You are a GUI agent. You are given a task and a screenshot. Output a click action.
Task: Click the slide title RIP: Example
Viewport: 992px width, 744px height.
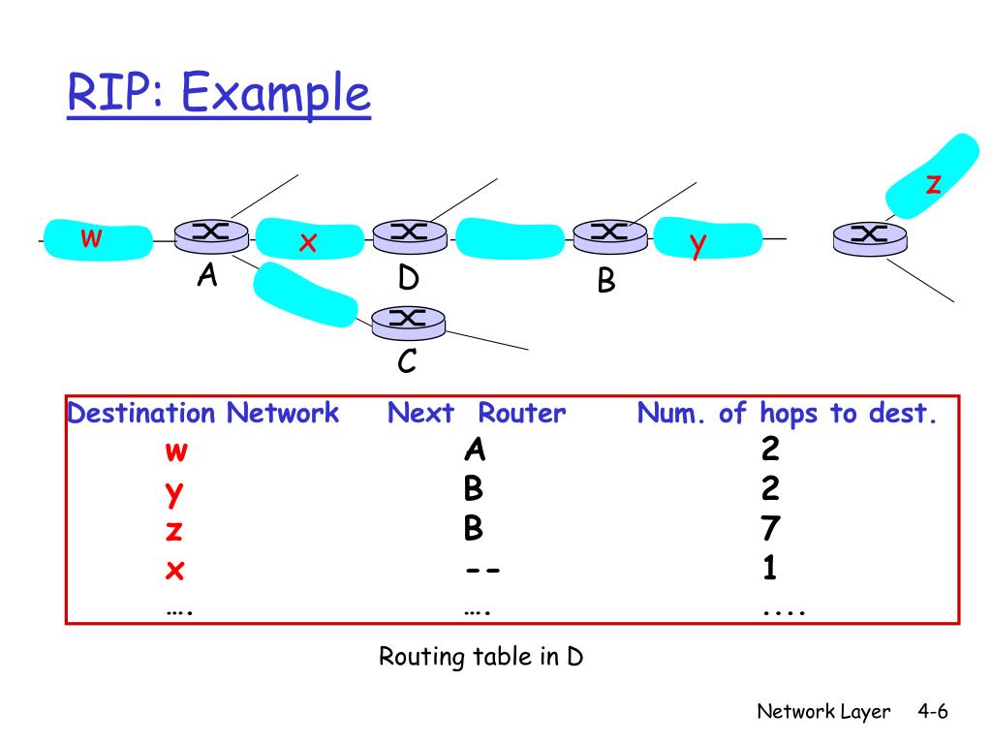click(x=219, y=95)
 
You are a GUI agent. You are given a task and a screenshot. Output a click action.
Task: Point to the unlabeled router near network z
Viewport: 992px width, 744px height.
click(x=870, y=235)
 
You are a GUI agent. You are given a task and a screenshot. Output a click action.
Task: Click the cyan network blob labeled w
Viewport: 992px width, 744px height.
click(x=97, y=238)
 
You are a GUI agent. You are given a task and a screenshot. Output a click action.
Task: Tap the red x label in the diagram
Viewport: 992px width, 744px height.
click(x=308, y=243)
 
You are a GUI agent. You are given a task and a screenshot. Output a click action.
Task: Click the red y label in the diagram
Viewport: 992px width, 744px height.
click(x=697, y=245)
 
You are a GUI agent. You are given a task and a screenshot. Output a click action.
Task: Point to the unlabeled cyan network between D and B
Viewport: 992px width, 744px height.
click(x=509, y=238)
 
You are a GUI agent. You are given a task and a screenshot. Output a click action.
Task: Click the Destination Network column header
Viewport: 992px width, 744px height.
click(x=203, y=414)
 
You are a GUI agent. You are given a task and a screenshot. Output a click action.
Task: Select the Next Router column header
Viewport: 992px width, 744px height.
click(x=477, y=414)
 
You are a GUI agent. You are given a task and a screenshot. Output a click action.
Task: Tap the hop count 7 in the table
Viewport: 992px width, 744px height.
click(x=770, y=530)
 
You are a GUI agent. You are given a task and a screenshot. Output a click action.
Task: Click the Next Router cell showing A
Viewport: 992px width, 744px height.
click(x=474, y=450)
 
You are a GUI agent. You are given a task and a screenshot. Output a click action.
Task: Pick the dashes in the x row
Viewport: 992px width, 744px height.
click(x=481, y=570)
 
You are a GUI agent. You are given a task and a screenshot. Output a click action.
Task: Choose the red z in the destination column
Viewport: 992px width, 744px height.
click(x=174, y=531)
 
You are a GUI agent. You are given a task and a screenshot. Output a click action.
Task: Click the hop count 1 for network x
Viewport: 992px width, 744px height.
click(x=770, y=570)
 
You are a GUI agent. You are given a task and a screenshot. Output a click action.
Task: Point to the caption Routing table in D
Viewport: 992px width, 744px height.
click(x=480, y=657)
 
